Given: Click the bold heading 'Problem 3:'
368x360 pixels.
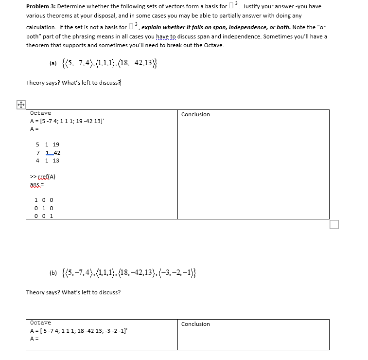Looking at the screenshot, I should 41,6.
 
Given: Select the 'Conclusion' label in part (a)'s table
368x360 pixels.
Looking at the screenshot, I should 195,114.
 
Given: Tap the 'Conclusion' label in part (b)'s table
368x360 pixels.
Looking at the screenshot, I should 195,324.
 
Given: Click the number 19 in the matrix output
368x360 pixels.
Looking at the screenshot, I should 56,144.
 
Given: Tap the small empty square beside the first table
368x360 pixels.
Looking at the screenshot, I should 333,224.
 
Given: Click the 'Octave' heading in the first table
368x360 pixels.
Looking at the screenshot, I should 40,113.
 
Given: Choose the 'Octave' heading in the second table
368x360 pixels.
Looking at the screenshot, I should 40,323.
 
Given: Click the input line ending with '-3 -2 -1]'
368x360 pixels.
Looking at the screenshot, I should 79,331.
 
